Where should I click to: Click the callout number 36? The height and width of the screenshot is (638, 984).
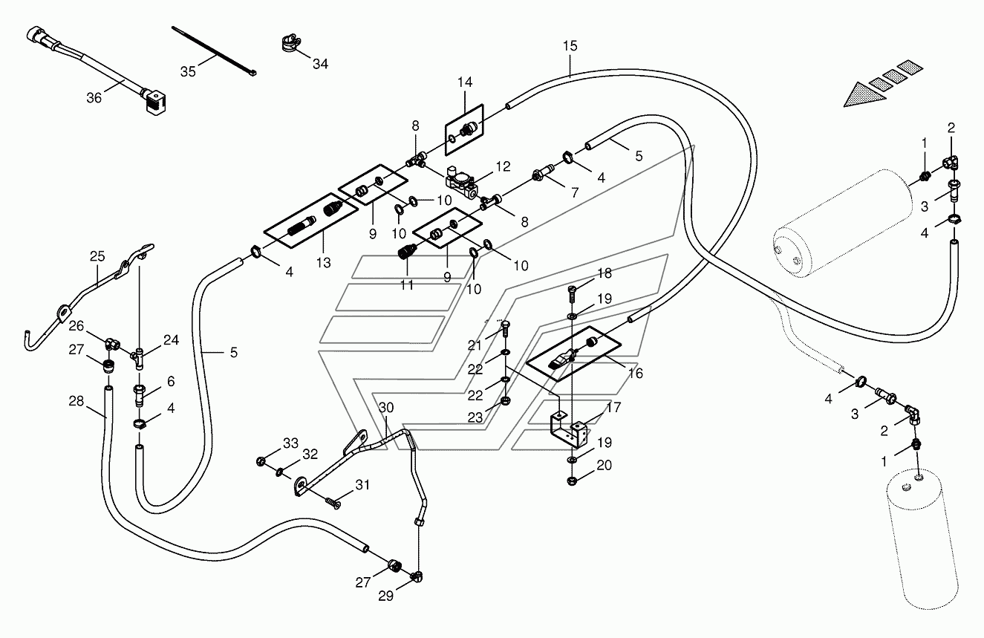pyautogui.click(x=94, y=98)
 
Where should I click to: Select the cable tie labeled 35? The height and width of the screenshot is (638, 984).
pyautogui.click(x=214, y=52)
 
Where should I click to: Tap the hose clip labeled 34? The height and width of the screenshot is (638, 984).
pyautogui.click(x=290, y=43)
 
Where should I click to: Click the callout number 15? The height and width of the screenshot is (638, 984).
pyautogui.click(x=570, y=46)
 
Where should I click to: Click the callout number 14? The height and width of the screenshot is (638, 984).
pyautogui.click(x=465, y=82)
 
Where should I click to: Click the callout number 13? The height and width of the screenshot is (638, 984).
pyautogui.click(x=323, y=263)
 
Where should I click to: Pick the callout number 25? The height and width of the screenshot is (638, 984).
pyautogui.click(x=97, y=256)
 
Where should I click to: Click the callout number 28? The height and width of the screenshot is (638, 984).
pyautogui.click(x=76, y=401)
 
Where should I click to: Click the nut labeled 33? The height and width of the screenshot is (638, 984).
pyautogui.click(x=261, y=461)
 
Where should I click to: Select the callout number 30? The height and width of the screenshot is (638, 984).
pyautogui.click(x=386, y=408)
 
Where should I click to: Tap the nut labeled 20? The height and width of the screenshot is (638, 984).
pyautogui.click(x=572, y=481)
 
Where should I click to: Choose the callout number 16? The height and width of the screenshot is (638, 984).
pyautogui.click(x=635, y=373)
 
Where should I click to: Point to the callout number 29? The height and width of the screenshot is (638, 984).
pyautogui.click(x=385, y=596)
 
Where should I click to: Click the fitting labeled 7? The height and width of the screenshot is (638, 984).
pyautogui.click(x=544, y=173)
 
